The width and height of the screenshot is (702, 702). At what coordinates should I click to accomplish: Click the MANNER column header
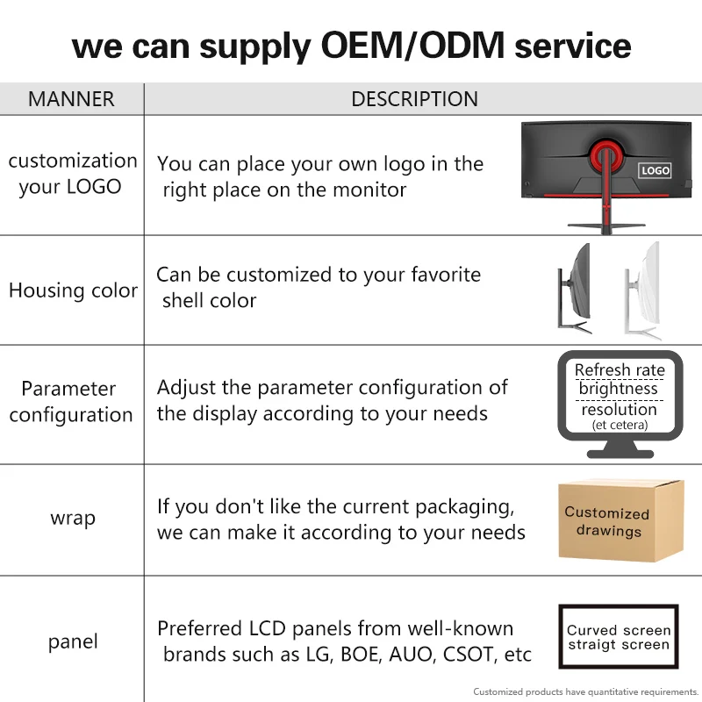pyautogui.click(x=71, y=99)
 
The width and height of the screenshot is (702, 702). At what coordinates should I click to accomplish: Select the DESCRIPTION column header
pyautogui.click(x=414, y=99)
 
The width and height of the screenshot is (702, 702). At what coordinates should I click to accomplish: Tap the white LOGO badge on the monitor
pyautogui.click(x=655, y=170)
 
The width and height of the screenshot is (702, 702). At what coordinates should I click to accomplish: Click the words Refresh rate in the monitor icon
pyautogui.click(x=620, y=370)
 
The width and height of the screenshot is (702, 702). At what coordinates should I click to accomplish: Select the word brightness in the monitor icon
pyautogui.click(x=619, y=389)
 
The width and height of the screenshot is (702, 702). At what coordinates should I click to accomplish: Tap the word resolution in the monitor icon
pyautogui.click(x=620, y=409)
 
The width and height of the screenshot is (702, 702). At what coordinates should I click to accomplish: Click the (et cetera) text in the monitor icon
pyautogui.click(x=620, y=425)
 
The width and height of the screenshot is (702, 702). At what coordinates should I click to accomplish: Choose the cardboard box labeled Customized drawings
pyautogui.click(x=621, y=520)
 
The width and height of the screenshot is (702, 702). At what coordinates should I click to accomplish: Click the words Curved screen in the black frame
pyautogui.click(x=619, y=630)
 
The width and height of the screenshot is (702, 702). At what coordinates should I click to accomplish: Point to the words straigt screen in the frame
pyautogui.click(x=619, y=645)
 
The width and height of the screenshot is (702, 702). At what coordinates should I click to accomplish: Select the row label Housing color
pyautogui.click(x=73, y=290)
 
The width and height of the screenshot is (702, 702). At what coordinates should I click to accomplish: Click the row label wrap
pyautogui.click(x=73, y=519)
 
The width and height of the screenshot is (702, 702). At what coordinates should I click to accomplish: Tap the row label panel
pyautogui.click(x=73, y=642)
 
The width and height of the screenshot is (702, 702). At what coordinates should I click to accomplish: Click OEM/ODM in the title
pyautogui.click(x=412, y=46)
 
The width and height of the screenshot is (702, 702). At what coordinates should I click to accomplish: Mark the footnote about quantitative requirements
pyautogui.click(x=585, y=691)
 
